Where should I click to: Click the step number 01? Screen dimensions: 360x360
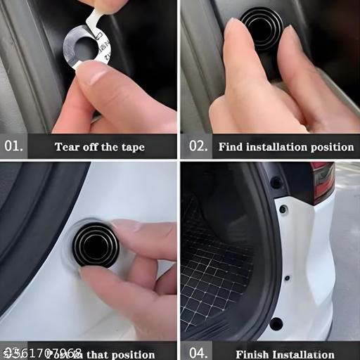(x=13, y=147)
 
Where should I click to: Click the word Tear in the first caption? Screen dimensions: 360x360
(x=68, y=147)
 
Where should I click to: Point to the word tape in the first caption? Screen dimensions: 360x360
(x=131, y=147)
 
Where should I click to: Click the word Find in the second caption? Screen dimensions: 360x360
(x=230, y=147)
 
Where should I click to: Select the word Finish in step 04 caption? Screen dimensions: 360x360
(x=252, y=354)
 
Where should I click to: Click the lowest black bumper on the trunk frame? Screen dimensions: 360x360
(x=276, y=324)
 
